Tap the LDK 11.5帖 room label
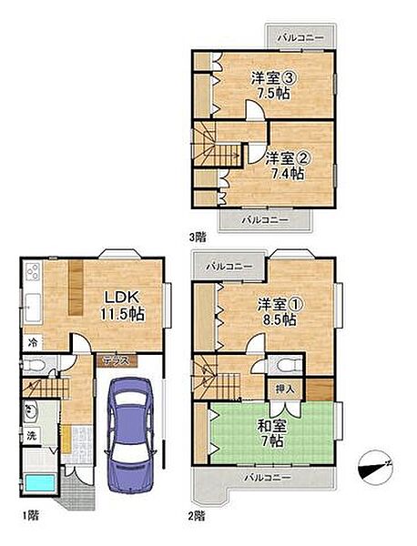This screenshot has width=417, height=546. point(122,306)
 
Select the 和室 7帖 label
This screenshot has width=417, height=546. point(272,433)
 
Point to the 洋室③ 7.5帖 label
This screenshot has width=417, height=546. point(274,86)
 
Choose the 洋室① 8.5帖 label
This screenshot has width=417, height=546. point(280,312)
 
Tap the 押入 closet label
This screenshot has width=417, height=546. point(285,389)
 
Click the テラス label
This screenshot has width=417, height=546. point(117,360)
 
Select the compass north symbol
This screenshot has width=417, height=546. point(375,468)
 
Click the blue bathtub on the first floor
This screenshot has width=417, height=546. point(40,483)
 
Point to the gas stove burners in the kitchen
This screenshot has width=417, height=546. point(33,272)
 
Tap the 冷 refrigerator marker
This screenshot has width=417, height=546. point(33,343)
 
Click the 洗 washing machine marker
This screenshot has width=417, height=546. point(32,435)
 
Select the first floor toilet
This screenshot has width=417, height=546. point(35,365)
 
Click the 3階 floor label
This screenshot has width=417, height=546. point(198,238)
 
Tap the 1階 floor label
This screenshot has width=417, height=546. point(30,515)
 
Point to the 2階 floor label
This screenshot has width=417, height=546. point(197,516)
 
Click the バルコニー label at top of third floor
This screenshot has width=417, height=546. point(300,37)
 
